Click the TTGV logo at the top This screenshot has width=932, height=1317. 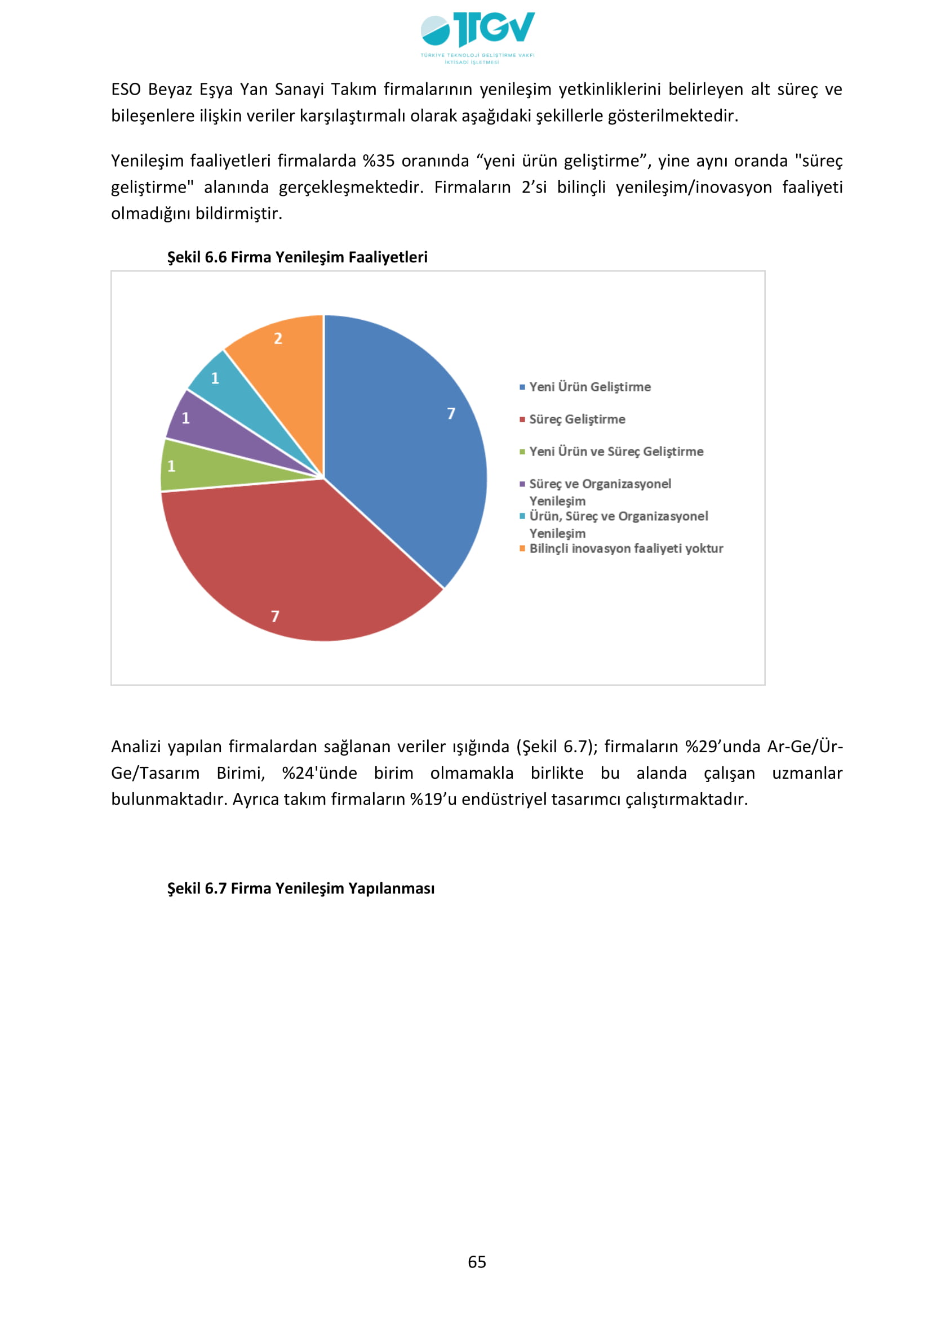(477, 35)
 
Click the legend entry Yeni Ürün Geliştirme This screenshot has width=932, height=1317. (589, 387)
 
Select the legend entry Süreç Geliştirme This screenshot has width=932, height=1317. (577, 419)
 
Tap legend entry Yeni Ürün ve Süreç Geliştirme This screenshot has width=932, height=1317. (616, 452)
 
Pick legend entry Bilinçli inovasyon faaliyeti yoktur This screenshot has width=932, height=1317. (625, 548)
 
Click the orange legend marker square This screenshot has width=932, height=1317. (522, 548)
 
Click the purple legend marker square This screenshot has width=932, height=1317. (522, 484)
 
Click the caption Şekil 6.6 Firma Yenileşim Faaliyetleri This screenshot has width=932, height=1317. (298, 257)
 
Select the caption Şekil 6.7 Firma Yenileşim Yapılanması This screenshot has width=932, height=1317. (301, 889)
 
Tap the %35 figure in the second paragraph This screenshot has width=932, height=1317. (379, 161)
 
